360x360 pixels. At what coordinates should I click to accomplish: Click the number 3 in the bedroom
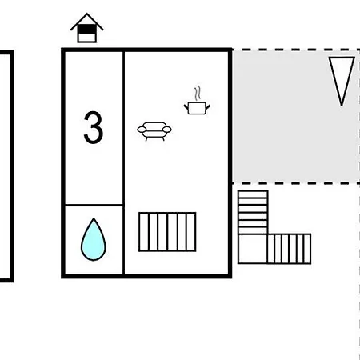94,127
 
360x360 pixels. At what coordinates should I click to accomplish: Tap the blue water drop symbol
94,239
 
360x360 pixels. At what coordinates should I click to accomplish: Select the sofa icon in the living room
154,131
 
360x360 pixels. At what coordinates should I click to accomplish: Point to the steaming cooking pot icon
197,101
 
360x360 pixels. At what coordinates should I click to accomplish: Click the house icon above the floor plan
86,28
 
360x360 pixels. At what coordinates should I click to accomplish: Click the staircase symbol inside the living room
167,232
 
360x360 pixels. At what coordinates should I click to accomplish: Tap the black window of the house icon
86,29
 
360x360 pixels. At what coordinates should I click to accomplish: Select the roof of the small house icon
86,22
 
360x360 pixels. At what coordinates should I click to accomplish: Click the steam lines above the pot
198,93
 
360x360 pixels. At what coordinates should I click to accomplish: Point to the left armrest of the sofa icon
142,130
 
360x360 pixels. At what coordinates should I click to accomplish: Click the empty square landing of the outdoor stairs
253,249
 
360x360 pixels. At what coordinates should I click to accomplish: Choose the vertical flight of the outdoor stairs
253,213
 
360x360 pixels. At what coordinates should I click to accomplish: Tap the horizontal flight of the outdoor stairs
289,249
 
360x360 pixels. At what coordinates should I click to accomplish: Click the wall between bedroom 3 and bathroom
94,205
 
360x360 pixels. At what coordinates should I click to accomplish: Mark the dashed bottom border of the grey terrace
296,183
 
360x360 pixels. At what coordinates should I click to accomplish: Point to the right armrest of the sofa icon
167,130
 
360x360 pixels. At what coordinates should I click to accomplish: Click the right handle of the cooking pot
208,107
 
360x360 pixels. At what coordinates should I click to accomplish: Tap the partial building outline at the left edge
11,166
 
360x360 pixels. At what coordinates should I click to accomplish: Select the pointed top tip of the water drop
94,218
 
